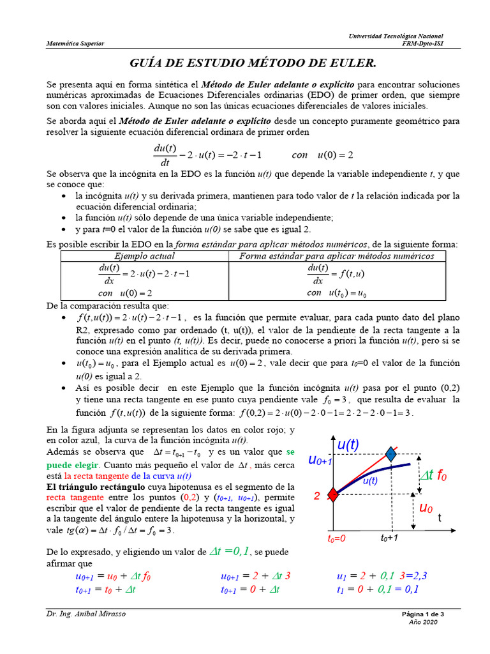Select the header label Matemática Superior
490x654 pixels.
click(x=75, y=43)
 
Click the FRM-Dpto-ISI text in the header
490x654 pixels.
click(x=422, y=43)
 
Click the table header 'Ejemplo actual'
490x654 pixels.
click(x=144, y=256)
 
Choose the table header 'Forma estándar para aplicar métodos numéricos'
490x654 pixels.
click(x=336, y=256)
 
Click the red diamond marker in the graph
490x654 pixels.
click(x=332, y=494)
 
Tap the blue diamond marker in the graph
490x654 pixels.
click(x=390, y=454)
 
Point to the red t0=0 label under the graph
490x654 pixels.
click(x=332, y=538)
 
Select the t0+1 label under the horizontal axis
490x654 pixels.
click(x=389, y=538)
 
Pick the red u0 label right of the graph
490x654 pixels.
click(x=426, y=508)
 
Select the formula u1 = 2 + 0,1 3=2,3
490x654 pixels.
click(x=382, y=576)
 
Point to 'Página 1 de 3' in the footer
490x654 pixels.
click(x=422, y=614)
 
